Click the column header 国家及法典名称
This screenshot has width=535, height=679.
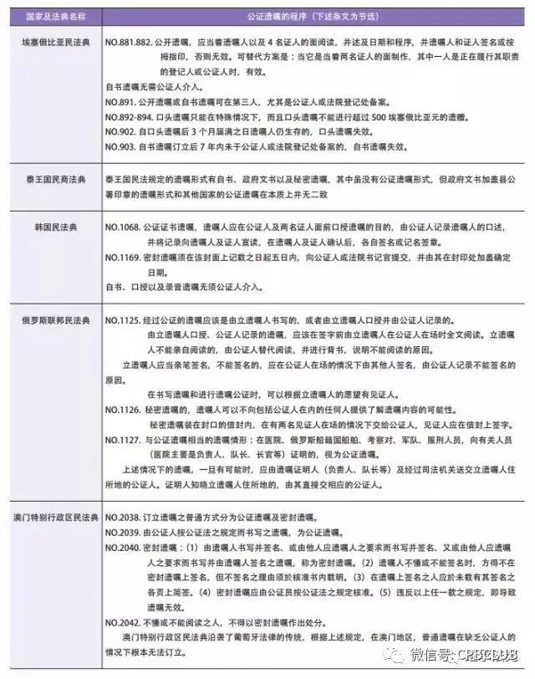click(54, 15)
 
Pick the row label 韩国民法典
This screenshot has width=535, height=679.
click(54, 227)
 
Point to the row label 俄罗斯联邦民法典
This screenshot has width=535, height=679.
click(54, 320)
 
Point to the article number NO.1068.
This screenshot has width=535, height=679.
click(125, 227)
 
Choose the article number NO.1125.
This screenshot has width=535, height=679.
click(125, 320)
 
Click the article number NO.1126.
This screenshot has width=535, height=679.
click(125, 409)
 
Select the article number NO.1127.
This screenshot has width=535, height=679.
click(125, 439)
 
